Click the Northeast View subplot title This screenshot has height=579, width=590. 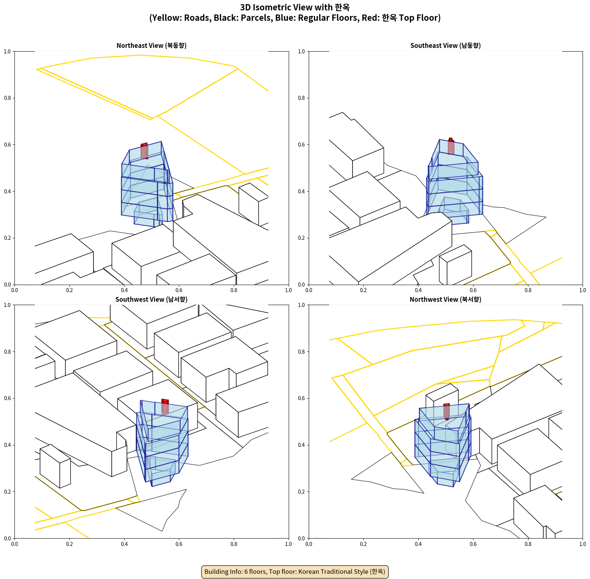point(151,46)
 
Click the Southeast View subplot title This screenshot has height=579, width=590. point(446,46)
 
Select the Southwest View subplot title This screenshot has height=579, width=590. point(151,300)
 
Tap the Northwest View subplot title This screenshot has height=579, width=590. point(446,300)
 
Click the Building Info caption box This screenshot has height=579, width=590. point(295,572)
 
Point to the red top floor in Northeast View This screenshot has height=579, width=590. point(144,151)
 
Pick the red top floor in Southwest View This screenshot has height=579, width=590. point(165,407)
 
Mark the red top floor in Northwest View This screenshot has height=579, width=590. point(446,412)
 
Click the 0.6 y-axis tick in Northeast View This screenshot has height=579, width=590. point(7,145)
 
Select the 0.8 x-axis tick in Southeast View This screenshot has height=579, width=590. point(528,290)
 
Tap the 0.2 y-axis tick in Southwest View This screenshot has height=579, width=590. point(7,492)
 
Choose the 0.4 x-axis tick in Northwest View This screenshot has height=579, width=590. point(419,544)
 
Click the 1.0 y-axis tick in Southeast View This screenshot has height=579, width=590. point(302,52)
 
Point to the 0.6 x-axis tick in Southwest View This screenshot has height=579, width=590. point(179,544)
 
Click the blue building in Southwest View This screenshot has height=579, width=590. point(162,444)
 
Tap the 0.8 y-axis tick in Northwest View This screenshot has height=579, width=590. point(302,352)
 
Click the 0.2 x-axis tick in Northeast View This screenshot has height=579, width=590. point(69,290)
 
